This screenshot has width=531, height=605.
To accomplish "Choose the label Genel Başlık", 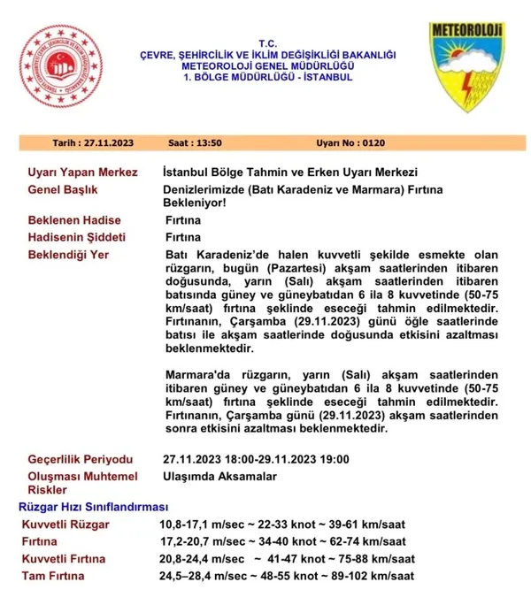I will click(x=63, y=189).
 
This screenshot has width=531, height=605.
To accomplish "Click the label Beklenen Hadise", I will click(x=74, y=220).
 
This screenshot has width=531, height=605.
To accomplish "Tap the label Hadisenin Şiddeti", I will click(x=77, y=237).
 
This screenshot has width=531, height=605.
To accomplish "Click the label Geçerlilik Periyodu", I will click(x=81, y=459).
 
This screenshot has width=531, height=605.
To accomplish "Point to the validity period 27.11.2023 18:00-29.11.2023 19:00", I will click(x=257, y=459).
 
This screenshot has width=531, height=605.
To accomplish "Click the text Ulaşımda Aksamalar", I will click(x=220, y=477).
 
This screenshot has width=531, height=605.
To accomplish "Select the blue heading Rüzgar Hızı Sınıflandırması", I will click(x=93, y=507).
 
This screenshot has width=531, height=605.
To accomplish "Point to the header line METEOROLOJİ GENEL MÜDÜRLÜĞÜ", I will click(x=266, y=65).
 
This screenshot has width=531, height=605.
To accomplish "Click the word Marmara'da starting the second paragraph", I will click(x=195, y=374).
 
